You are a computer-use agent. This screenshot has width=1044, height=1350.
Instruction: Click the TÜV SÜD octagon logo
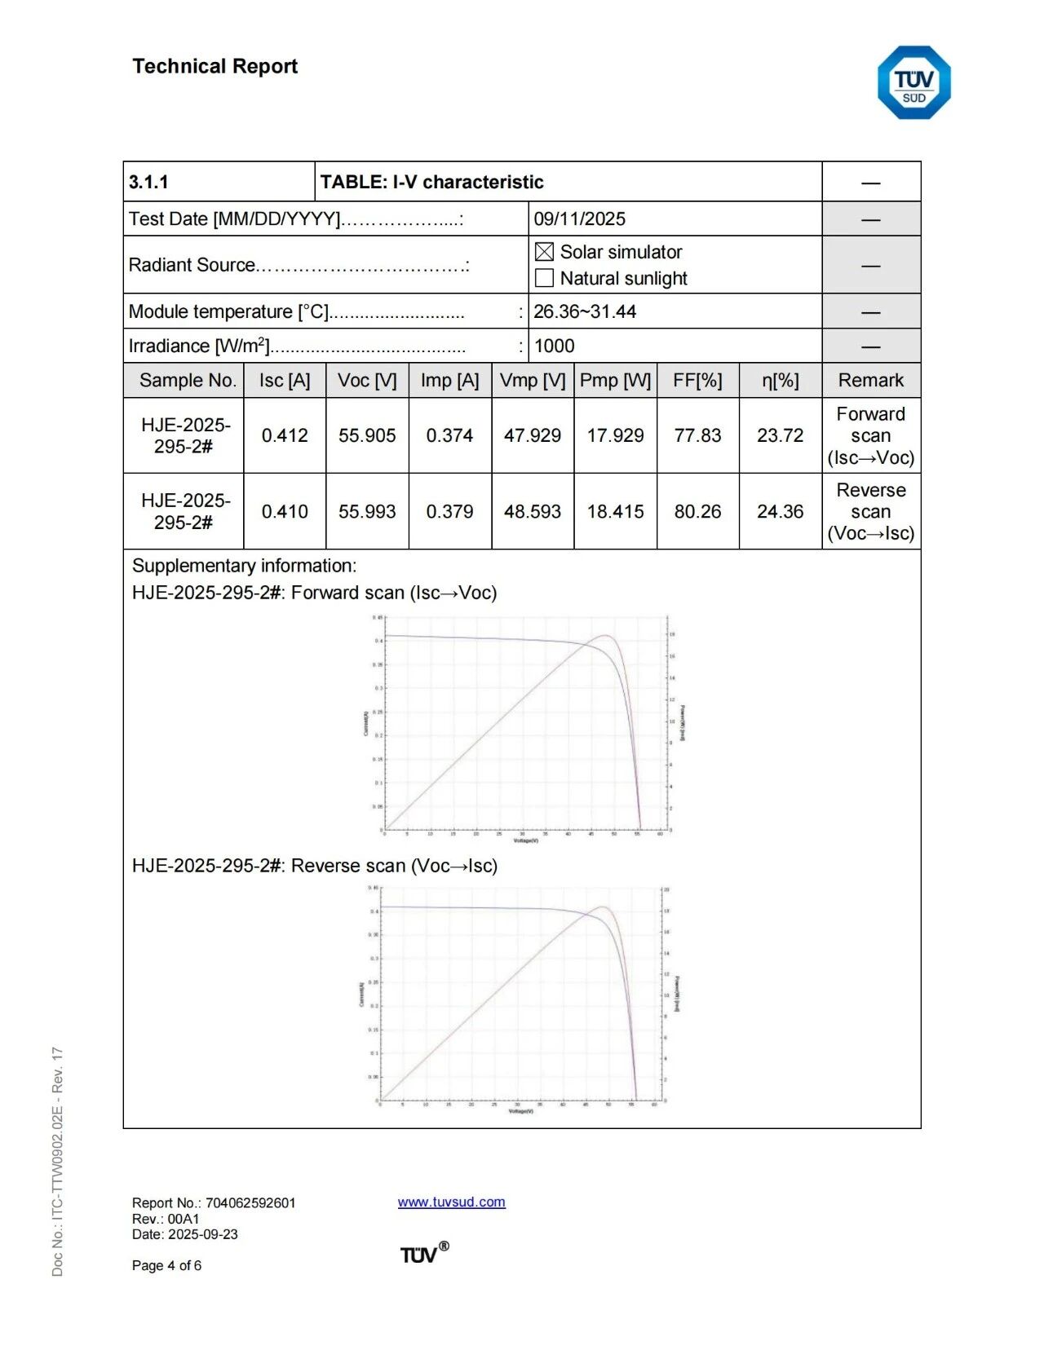pyautogui.click(x=913, y=83)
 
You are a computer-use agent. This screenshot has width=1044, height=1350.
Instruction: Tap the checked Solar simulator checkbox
pyautogui.click(x=544, y=252)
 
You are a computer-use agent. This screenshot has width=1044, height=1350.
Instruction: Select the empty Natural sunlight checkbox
pyautogui.click(x=544, y=278)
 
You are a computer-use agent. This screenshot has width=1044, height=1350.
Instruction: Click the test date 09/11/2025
pyautogui.click(x=579, y=218)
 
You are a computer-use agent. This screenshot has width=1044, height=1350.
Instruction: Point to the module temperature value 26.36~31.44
pyautogui.click(x=584, y=311)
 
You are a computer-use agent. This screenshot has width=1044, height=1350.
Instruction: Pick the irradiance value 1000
pyautogui.click(x=554, y=346)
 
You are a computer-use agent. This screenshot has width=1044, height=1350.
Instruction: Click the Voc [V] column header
pyautogui.click(x=367, y=380)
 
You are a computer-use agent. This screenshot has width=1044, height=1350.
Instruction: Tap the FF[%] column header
pyautogui.click(x=697, y=380)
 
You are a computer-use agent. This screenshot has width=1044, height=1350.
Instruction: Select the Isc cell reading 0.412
pyautogui.click(x=285, y=435)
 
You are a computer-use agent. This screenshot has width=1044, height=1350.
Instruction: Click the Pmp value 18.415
pyautogui.click(x=615, y=511)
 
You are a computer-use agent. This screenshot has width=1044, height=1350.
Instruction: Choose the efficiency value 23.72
pyautogui.click(x=780, y=435)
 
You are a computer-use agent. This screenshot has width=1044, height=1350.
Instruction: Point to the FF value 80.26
pyautogui.click(x=697, y=511)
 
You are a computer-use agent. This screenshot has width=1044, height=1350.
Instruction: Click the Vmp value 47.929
pyautogui.click(x=532, y=435)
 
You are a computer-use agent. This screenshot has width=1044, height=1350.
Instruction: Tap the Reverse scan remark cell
pyautogui.click(x=870, y=511)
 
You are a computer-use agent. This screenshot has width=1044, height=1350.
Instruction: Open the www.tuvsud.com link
pyautogui.click(x=451, y=1202)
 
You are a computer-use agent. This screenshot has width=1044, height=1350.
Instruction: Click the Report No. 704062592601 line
pyautogui.click(x=214, y=1202)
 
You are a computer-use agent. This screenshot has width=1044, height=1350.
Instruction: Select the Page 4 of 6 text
pyautogui.click(x=166, y=1265)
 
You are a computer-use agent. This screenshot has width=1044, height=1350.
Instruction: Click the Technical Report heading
pyautogui.click(x=215, y=66)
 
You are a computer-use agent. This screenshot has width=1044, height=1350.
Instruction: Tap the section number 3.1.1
pyautogui.click(x=148, y=182)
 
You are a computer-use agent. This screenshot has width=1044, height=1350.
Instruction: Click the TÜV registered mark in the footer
pyautogui.click(x=423, y=1253)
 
